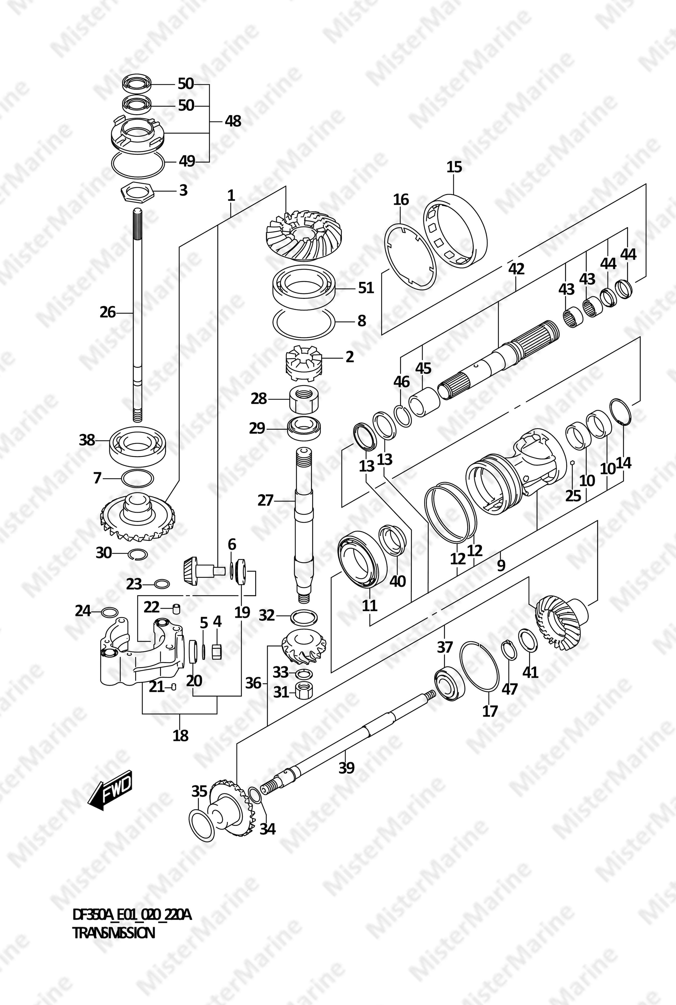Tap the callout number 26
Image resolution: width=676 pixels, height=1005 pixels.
click(108, 312)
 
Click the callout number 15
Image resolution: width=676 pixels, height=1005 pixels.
click(454, 167)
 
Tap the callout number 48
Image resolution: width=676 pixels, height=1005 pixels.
click(233, 121)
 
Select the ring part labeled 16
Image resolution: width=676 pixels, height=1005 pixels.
click(410, 257)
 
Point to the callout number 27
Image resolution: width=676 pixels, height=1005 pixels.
click(266, 500)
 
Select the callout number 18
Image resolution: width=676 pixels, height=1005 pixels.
click(181, 735)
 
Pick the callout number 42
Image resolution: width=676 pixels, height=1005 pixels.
click(516, 269)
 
